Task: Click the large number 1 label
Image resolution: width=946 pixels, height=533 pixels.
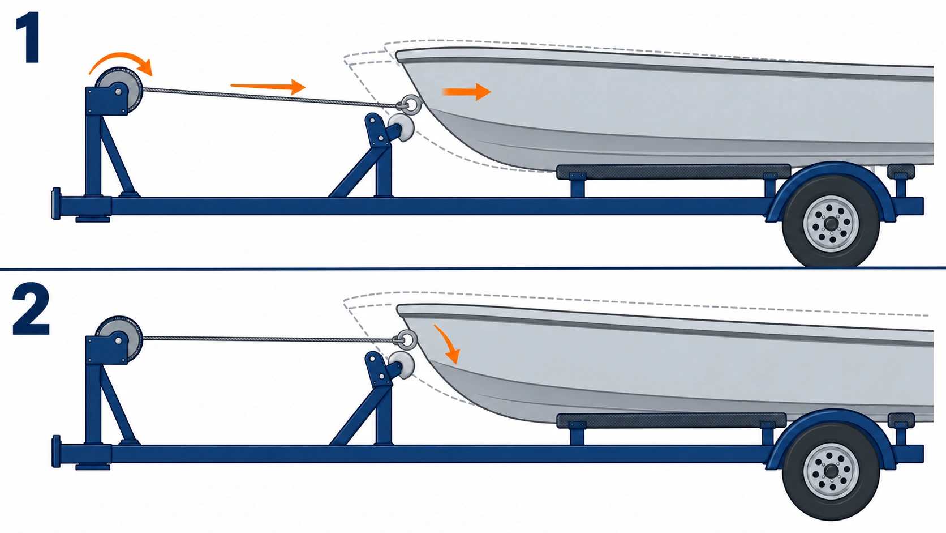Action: tap(29, 37)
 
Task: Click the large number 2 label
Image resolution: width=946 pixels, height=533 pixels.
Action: tap(31, 309)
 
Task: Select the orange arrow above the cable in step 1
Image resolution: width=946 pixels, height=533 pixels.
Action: tap(268, 87)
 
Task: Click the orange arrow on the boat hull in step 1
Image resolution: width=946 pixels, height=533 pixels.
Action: tap(466, 92)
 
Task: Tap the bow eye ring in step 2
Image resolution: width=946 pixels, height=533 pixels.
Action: tap(407, 339)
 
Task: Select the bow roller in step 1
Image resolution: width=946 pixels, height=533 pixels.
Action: tap(401, 127)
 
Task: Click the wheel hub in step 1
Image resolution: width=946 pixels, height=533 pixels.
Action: tap(831, 224)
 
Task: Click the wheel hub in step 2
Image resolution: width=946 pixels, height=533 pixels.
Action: tap(831, 472)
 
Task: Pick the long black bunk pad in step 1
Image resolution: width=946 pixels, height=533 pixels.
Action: tap(673, 172)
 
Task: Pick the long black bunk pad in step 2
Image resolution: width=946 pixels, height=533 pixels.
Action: tap(672, 421)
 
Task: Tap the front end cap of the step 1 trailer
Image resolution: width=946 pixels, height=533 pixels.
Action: tap(56, 204)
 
